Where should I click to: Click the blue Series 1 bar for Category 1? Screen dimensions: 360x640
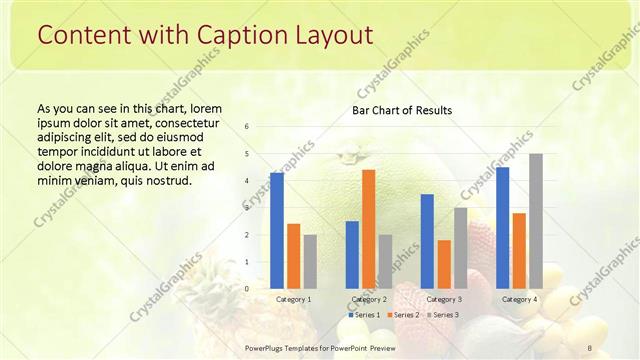[x=277, y=230]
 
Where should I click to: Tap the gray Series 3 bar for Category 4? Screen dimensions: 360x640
[x=536, y=221]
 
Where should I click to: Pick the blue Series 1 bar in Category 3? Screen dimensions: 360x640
[x=427, y=241]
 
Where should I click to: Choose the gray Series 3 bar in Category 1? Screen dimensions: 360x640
[x=310, y=261]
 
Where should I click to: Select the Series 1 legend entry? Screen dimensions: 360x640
[x=366, y=315]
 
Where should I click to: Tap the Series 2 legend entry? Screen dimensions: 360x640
[x=403, y=315]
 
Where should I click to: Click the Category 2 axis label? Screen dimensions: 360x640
[x=369, y=299]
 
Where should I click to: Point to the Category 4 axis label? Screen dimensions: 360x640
[x=519, y=299]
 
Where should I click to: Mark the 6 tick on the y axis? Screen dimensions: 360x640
[x=247, y=126]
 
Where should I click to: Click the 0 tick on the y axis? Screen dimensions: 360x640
[x=247, y=288]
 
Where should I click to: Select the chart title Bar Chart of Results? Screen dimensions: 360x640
[x=402, y=110]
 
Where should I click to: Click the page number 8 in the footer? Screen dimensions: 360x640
[x=590, y=346]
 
